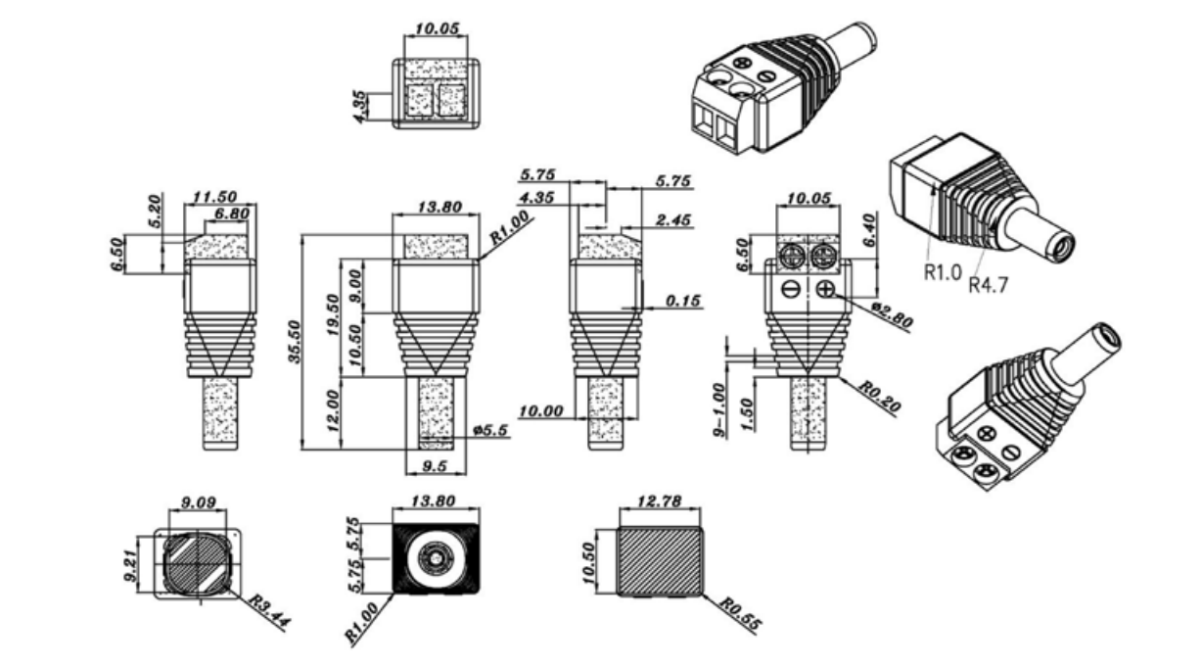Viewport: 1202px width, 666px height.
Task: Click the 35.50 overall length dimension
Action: pos(295,342)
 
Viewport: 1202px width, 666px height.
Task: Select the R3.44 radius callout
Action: pos(270,612)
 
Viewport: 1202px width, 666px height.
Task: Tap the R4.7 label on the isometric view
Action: pos(988,285)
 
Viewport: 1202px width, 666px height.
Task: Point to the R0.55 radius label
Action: pos(740,614)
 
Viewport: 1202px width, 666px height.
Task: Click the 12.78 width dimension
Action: pos(660,501)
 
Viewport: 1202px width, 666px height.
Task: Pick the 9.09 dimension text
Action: pos(199,502)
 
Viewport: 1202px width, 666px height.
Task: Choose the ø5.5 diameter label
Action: pos(490,430)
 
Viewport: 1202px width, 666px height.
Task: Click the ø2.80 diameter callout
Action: pos(892,315)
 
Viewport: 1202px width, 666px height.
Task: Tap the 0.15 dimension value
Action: pos(683,301)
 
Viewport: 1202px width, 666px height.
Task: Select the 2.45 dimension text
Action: pos(673,220)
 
